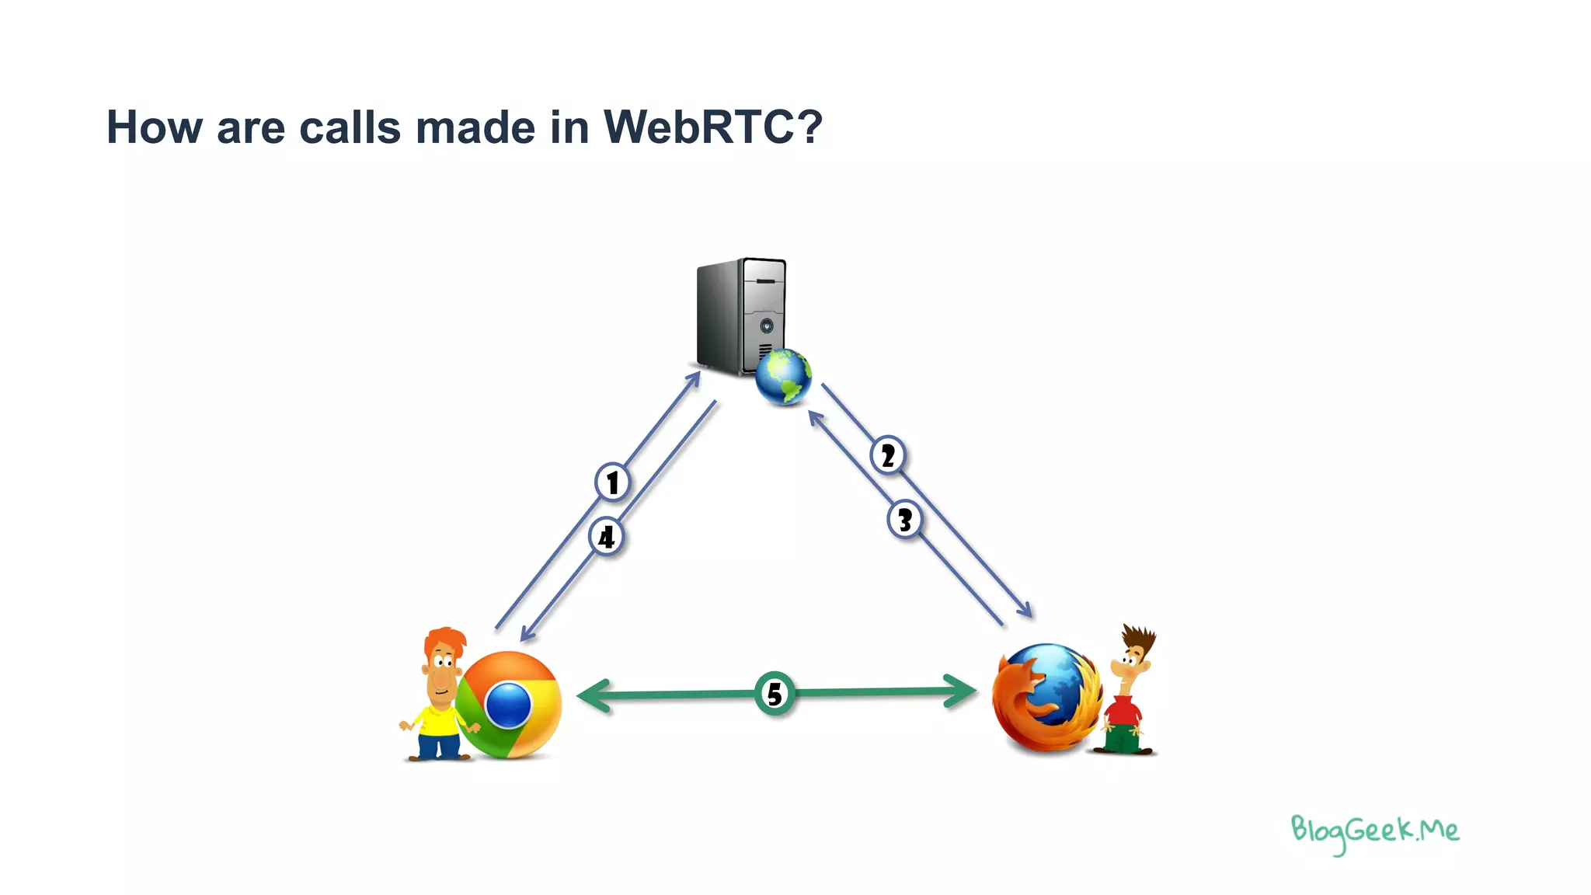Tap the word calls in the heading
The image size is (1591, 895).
(350, 127)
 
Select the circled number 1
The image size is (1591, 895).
(612, 482)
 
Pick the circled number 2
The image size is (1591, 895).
(888, 455)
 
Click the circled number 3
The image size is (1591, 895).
(904, 520)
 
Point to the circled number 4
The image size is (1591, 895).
(606, 537)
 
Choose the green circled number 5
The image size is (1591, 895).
(775, 693)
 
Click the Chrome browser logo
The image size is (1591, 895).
(509, 705)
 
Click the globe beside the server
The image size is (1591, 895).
(783, 378)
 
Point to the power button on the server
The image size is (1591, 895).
(766, 325)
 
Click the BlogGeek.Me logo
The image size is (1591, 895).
(1374, 832)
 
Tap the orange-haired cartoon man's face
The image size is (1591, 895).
(443, 670)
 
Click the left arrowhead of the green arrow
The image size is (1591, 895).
(594, 695)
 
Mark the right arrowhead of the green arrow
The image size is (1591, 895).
(960, 691)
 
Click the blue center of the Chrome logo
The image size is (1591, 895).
(508, 705)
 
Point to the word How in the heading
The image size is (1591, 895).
(154, 127)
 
